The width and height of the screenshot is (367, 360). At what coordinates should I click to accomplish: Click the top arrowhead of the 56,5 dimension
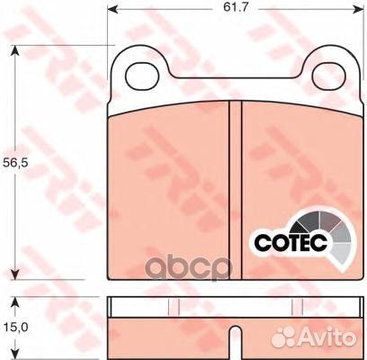(x=14, y=49)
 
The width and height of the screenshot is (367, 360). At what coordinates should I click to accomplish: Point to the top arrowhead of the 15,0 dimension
(x=14, y=300)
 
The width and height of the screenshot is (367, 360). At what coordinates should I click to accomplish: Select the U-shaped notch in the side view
(x=235, y=339)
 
